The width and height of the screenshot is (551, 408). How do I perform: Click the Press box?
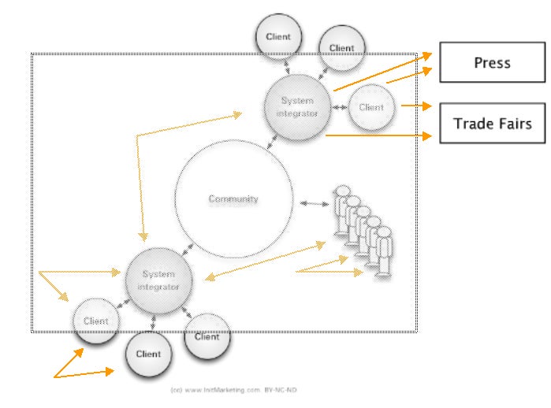(492, 63)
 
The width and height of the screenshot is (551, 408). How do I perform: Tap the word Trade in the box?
(471, 124)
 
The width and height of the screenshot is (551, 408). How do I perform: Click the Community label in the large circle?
(233, 199)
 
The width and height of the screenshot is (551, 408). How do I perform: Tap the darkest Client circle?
(148, 353)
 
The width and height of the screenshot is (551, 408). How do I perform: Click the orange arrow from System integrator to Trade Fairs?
(378, 135)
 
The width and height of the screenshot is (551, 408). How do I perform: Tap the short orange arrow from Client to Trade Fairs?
(415, 104)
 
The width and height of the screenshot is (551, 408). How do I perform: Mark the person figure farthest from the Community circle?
(384, 250)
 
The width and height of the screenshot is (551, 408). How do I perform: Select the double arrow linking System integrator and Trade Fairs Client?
(338, 107)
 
